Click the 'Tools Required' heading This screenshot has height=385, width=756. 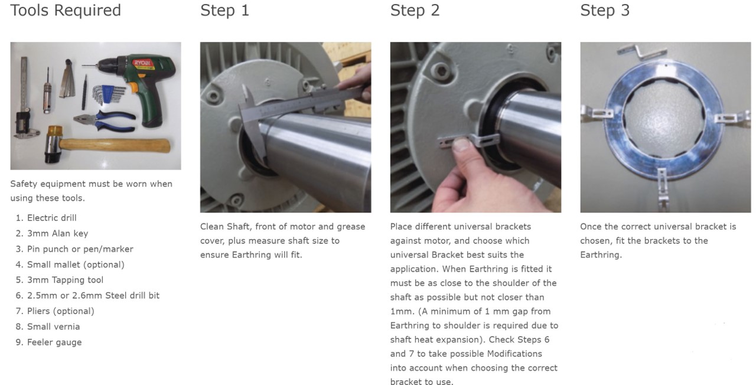pyautogui.click(x=66, y=10)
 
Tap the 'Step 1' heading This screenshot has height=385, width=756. pyautogui.click(x=225, y=10)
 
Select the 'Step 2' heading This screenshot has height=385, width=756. pyautogui.click(x=415, y=10)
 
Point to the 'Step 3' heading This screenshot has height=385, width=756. pyautogui.click(x=605, y=10)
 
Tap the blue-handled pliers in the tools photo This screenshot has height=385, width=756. pyautogui.click(x=106, y=121)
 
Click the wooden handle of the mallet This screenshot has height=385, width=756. pyautogui.click(x=115, y=146)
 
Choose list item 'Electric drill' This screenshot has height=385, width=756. pyautogui.click(x=51, y=218)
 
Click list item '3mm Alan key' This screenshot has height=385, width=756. pyautogui.click(x=57, y=233)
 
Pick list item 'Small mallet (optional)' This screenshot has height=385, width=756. pyautogui.click(x=76, y=265)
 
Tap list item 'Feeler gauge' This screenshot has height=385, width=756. pyautogui.click(x=54, y=342)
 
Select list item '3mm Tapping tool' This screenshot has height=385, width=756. pyautogui.click(x=65, y=280)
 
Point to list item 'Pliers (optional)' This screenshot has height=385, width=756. pyautogui.click(x=60, y=311)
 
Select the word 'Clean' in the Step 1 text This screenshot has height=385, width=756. pyautogui.click(x=211, y=226)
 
